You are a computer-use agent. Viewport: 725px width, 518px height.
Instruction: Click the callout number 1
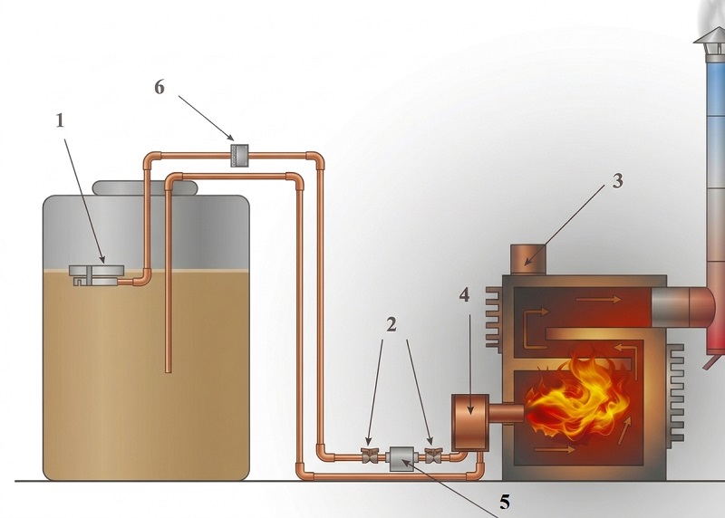[60, 121]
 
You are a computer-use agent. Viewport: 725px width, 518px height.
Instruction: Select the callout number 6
[159, 87]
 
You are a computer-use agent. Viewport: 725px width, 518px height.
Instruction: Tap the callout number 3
[618, 181]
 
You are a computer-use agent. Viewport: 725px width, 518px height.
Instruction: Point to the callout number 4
[465, 295]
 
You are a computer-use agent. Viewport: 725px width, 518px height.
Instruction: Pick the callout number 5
[505, 502]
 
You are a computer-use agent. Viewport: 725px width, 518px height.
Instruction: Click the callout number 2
[391, 325]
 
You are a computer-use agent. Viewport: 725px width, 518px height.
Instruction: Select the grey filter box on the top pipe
[239, 156]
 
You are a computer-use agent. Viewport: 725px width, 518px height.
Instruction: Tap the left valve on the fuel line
[369, 456]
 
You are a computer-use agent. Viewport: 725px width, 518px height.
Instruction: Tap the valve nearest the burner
[433, 456]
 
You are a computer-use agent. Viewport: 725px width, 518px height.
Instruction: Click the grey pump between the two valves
[401, 458]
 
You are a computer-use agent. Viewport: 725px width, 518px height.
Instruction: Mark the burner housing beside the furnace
[470, 422]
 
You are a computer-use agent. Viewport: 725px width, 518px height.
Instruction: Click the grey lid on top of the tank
[144, 188]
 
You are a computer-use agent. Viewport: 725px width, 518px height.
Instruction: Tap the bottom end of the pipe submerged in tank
[169, 371]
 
